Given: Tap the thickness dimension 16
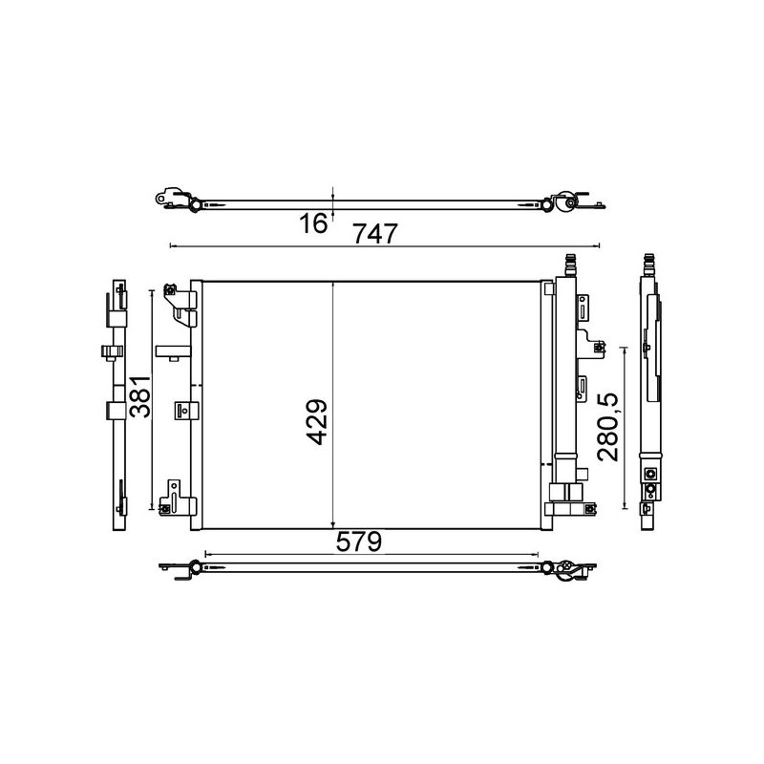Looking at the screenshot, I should [x=312, y=223].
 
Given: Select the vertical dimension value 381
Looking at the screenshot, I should [x=140, y=396].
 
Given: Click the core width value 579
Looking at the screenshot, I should [x=358, y=541].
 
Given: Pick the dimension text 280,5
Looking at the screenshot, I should [x=608, y=427].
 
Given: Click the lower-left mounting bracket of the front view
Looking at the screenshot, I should [x=179, y=497].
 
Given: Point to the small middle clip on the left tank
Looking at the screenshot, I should [x=183, y=409].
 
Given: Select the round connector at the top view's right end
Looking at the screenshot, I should [x=567, y=202].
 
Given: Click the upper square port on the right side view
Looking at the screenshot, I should [x=650, y=475].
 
